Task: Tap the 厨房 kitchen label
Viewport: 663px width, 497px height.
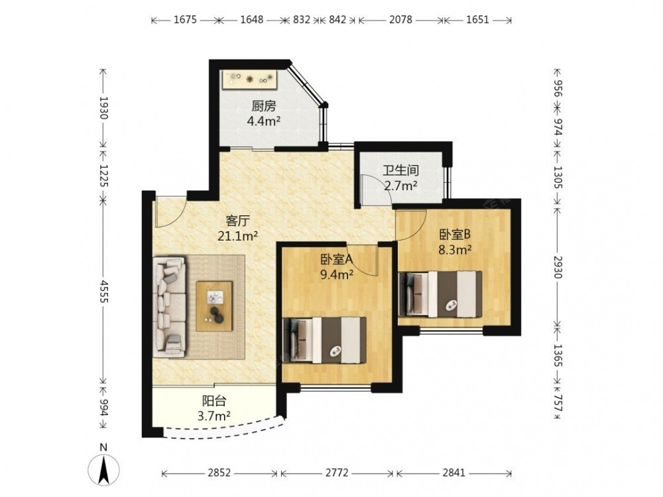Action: (x=264, y=105)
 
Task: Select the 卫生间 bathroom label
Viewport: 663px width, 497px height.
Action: (x=401, y=171)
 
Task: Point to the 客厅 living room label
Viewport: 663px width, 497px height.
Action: (x=238, y=221)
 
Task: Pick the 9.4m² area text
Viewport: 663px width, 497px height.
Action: (x=337, y=275)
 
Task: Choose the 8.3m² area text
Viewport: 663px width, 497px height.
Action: (x=455, y=250)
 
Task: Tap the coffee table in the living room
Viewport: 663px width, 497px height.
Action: (x=214, y=306)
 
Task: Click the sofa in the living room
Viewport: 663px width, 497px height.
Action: (x=169, y=305)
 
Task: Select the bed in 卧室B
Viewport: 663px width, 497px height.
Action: (x=440, y=294)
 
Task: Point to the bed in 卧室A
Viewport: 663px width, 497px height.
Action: (x=325, y=340)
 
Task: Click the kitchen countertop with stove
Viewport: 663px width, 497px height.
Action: (x=250, y=80)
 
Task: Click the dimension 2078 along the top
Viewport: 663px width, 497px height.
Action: (x=400, y=20)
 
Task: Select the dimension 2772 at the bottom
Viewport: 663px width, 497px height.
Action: (x=337, y=472)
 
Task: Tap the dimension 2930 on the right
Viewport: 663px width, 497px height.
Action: (x=558, y=267)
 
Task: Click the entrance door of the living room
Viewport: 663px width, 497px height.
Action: (x=170, y=211)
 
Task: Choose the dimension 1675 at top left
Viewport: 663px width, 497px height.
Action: (x=185, y=20)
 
